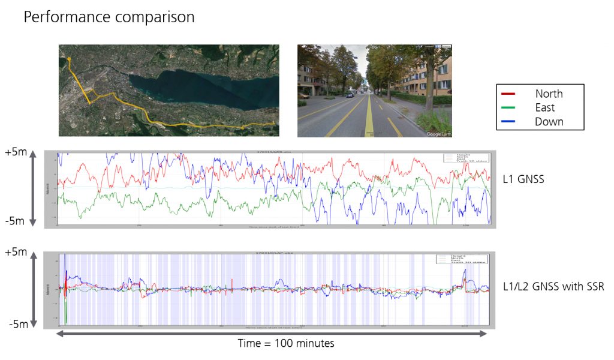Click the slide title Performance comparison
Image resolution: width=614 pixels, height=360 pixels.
(109, 17)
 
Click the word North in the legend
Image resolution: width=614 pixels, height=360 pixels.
(549, 94)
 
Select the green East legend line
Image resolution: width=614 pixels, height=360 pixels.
(508, 108)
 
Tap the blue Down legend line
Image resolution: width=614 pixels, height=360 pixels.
(508, 122)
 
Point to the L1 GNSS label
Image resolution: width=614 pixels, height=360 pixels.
(523, 178)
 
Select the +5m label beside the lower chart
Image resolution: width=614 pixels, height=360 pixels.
(14, 251)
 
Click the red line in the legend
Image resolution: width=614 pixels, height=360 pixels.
(508, 94)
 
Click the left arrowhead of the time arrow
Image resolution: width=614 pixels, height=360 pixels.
(59, 334)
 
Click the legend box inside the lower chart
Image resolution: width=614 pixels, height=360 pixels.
(461, 259)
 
